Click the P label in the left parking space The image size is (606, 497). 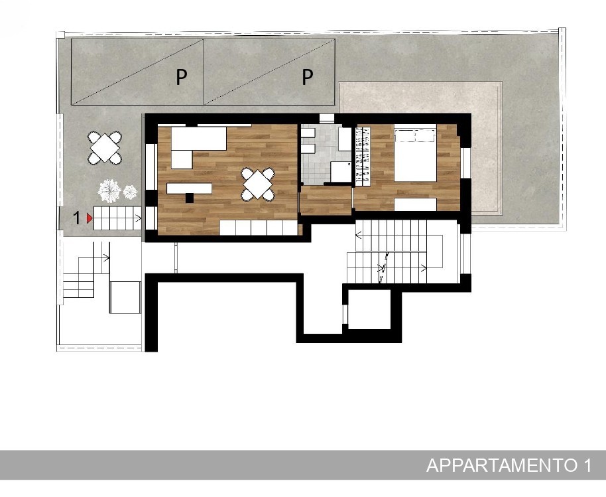coord(181,78)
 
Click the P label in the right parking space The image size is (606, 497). coord(307,78)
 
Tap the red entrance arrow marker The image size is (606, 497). coord(90,218)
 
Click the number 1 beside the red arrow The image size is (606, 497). coord(77,218)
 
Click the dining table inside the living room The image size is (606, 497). coord(258,184)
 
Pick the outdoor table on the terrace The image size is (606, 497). coord(104,148)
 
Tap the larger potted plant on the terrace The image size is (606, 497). coord(109,190)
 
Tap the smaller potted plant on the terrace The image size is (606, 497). coord(130,192)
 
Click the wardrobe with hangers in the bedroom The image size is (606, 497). coord(362,155)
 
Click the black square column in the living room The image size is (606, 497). coord(190,198)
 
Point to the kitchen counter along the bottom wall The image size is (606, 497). coord(259,228)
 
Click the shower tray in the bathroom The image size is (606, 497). coord(341,172)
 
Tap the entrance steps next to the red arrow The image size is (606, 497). coord(117,218)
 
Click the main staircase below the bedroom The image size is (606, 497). coord(395,251)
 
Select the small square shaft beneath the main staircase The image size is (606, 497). coord(369,309)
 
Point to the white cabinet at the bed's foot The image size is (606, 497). coord(415,204)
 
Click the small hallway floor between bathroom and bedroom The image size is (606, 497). coord(326,200)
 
